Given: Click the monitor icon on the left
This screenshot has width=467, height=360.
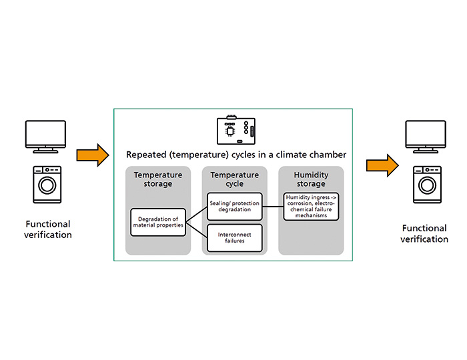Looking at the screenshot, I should pyautogui.click(x=45, y=135).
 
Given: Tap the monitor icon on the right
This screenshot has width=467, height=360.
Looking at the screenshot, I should pyautogui.click(x=425, y=137).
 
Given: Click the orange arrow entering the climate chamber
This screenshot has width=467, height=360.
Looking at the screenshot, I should pyautogui.click(x=91, y=155).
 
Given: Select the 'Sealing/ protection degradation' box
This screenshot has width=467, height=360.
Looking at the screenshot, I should pyautogui.click(x=234, y=206).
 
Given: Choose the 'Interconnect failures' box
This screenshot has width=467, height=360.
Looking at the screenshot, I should pyautogui.click(x=234, y=238).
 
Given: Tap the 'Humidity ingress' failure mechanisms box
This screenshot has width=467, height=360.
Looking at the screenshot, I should pyautogui.click(x=311, y=206).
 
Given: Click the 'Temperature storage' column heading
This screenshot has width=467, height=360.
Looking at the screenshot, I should pyautogui.click(x=158, y=179).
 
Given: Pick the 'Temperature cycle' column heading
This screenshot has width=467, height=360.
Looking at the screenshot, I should pyautogui.click(x=235, y=179).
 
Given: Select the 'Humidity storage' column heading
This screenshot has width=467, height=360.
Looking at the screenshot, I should pyautogui.click(x=311, y=179).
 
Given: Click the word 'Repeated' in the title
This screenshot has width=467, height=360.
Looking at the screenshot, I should pyautogui.click(x=146, y=155).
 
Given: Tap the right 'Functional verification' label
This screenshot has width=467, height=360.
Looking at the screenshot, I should pyautogui.click(x=425, y=234).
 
